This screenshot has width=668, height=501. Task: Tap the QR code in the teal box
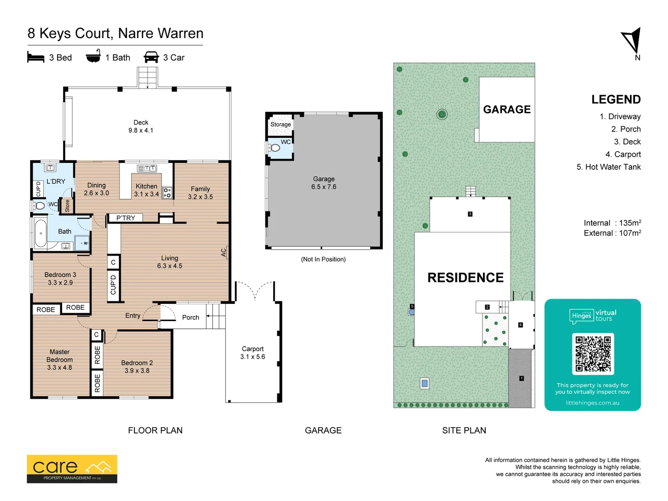click(593, 354)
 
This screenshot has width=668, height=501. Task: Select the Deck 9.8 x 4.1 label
click(141, 126)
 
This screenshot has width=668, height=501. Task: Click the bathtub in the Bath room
click(41, 233)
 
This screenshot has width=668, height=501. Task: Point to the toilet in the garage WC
click(274, 148)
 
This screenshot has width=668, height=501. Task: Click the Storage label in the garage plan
click(281, 124)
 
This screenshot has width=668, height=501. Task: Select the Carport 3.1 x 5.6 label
click(253, 353)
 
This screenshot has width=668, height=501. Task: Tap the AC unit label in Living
click(224, 252)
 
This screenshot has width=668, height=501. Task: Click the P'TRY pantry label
click(126, 218)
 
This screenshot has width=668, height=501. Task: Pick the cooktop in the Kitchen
click(167, 193)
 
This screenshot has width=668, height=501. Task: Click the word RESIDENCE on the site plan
click(465, 277)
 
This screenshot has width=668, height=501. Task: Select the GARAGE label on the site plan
click(507, 109)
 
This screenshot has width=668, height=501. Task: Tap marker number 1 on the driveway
click(521, 379)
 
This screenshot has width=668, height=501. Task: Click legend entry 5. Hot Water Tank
click(608, 167)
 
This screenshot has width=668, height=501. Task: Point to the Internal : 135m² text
click(612, 223)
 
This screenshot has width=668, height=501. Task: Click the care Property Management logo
click(72, 469)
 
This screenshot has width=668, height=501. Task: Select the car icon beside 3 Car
click(151, 57)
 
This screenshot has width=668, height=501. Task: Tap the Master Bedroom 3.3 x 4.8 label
click(59, 360)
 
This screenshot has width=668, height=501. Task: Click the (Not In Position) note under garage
click(323, 259)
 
